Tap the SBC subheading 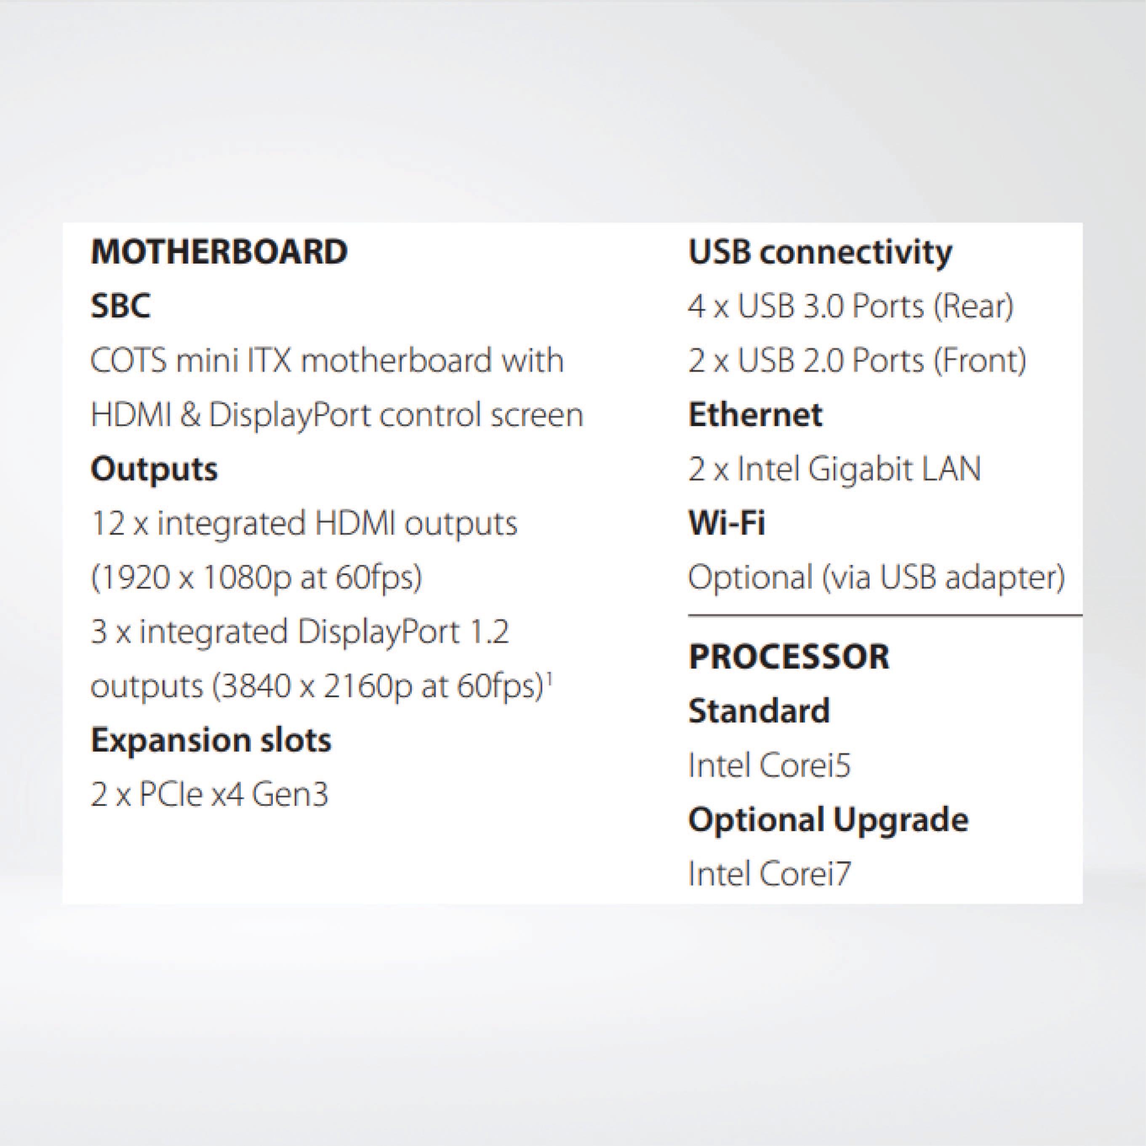click(120, 306)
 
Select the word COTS click(128, 360)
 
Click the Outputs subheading click(154, 469)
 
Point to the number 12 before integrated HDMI click(108, 523)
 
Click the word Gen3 click(290, 795)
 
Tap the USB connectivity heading click(821, 253)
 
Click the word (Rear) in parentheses click(973, 306)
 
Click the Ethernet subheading click(755, 415)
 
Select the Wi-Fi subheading click(727, 523)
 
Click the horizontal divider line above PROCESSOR click(885, 616)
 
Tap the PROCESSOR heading click(789, 657)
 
